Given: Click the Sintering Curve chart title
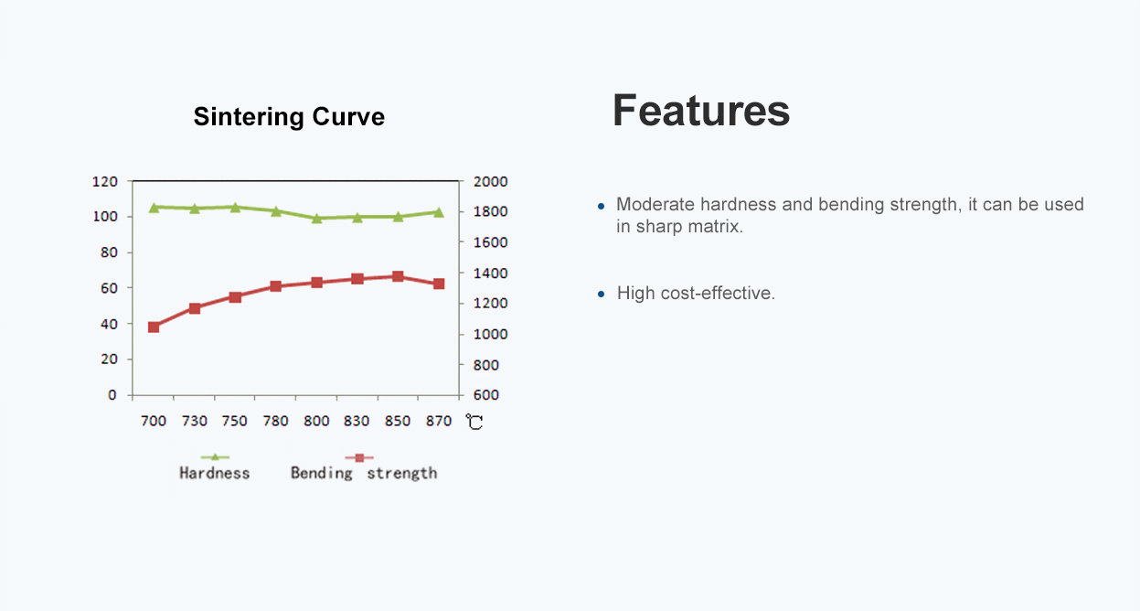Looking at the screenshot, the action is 289,117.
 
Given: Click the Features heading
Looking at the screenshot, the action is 701,111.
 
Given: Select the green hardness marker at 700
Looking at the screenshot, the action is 154,208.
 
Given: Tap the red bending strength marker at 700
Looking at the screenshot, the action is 154,327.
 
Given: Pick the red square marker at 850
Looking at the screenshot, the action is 398,276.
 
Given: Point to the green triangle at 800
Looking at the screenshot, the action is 316,219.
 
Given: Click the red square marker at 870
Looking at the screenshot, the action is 439,284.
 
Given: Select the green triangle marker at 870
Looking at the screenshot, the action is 439,212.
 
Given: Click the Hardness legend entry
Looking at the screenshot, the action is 214,466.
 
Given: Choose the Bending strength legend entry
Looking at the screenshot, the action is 363,466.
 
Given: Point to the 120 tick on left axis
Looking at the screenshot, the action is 105,182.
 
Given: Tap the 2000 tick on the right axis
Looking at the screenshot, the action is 491,182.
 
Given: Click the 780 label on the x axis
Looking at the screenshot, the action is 275,421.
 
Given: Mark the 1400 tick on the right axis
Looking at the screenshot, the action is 491,273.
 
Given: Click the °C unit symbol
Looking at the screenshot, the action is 474,422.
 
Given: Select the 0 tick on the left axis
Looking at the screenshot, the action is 112,395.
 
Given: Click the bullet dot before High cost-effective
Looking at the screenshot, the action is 601,294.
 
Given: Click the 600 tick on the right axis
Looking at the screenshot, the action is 486,395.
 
